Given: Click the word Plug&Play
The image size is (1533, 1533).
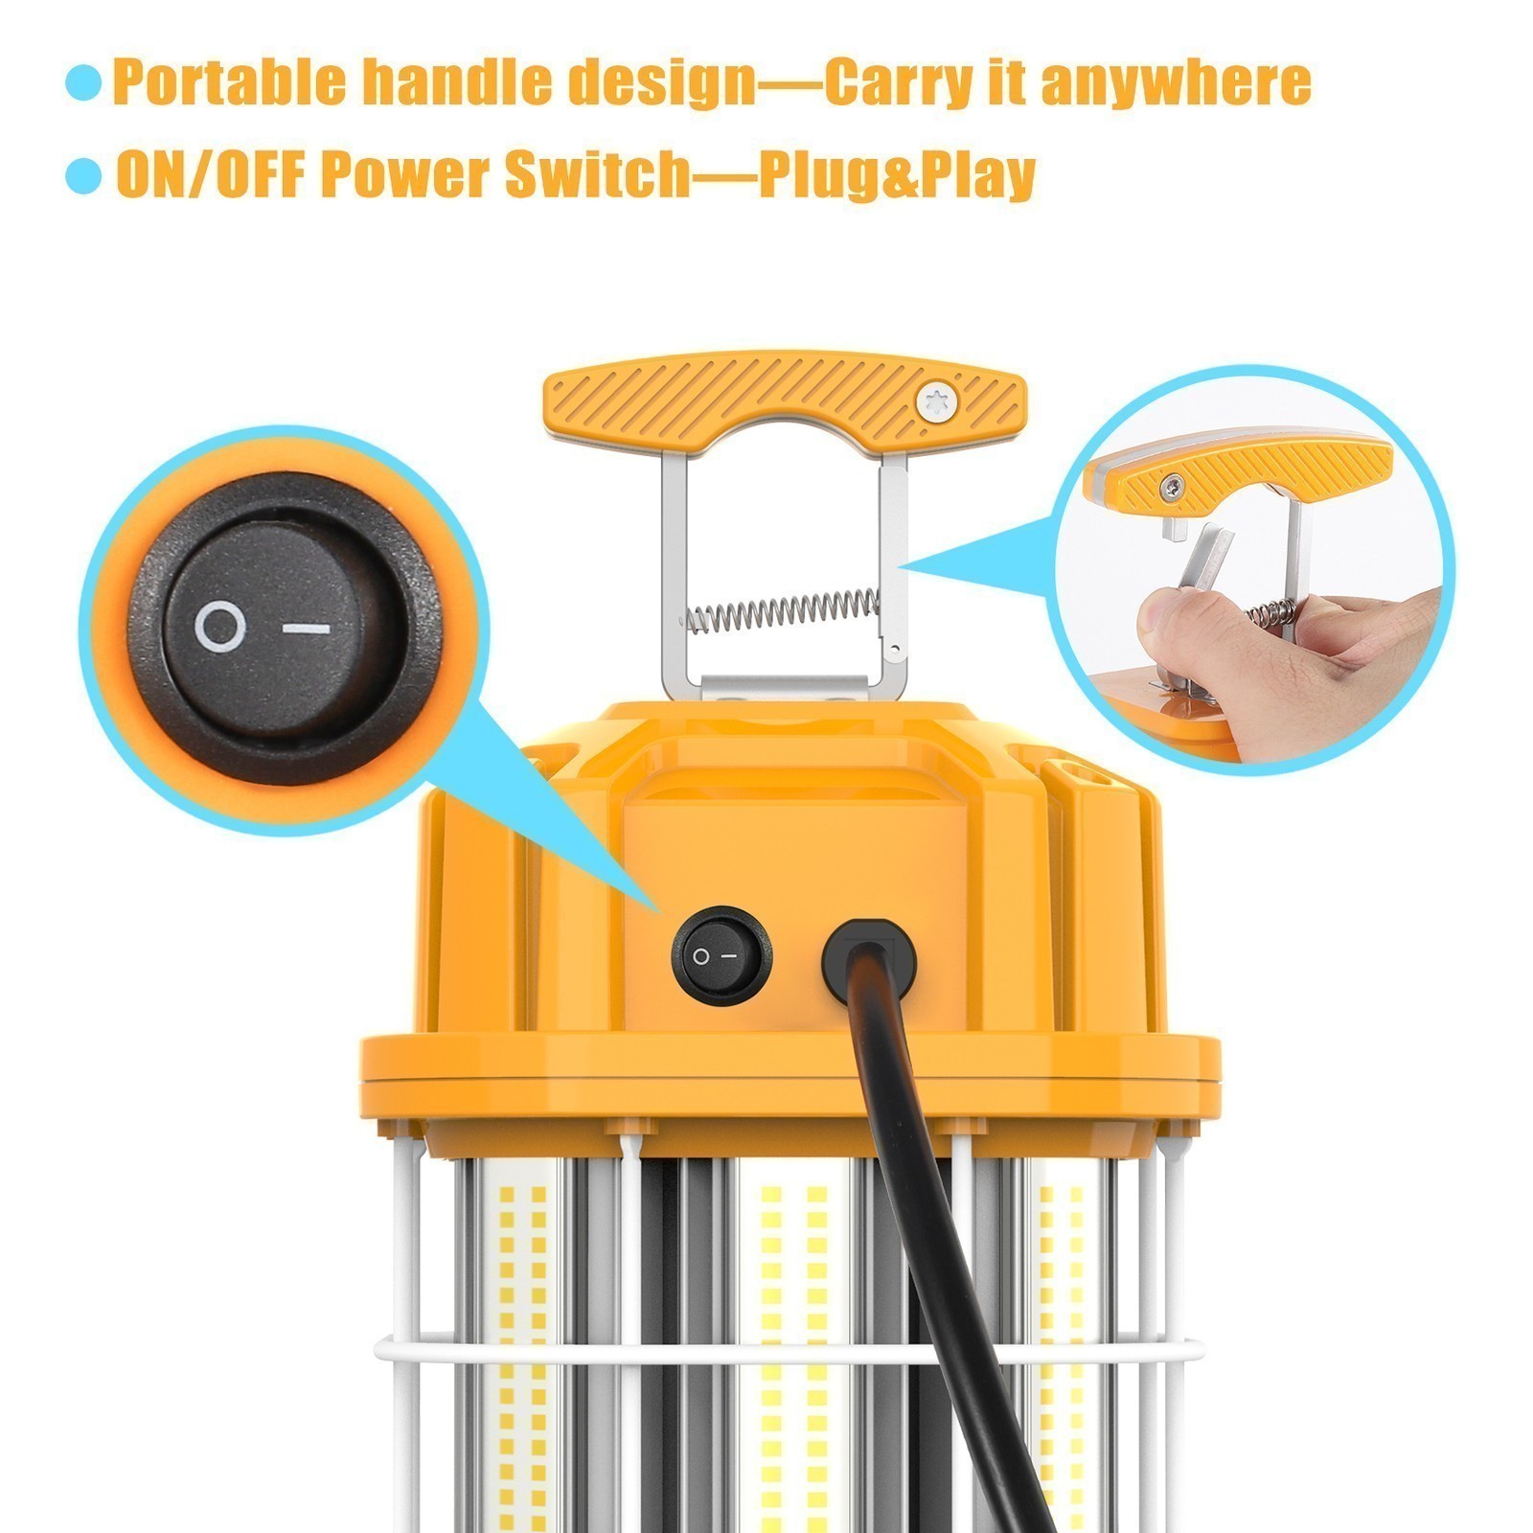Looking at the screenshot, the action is coord(897,175).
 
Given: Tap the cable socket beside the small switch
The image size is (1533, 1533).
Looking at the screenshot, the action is coord(868,961).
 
